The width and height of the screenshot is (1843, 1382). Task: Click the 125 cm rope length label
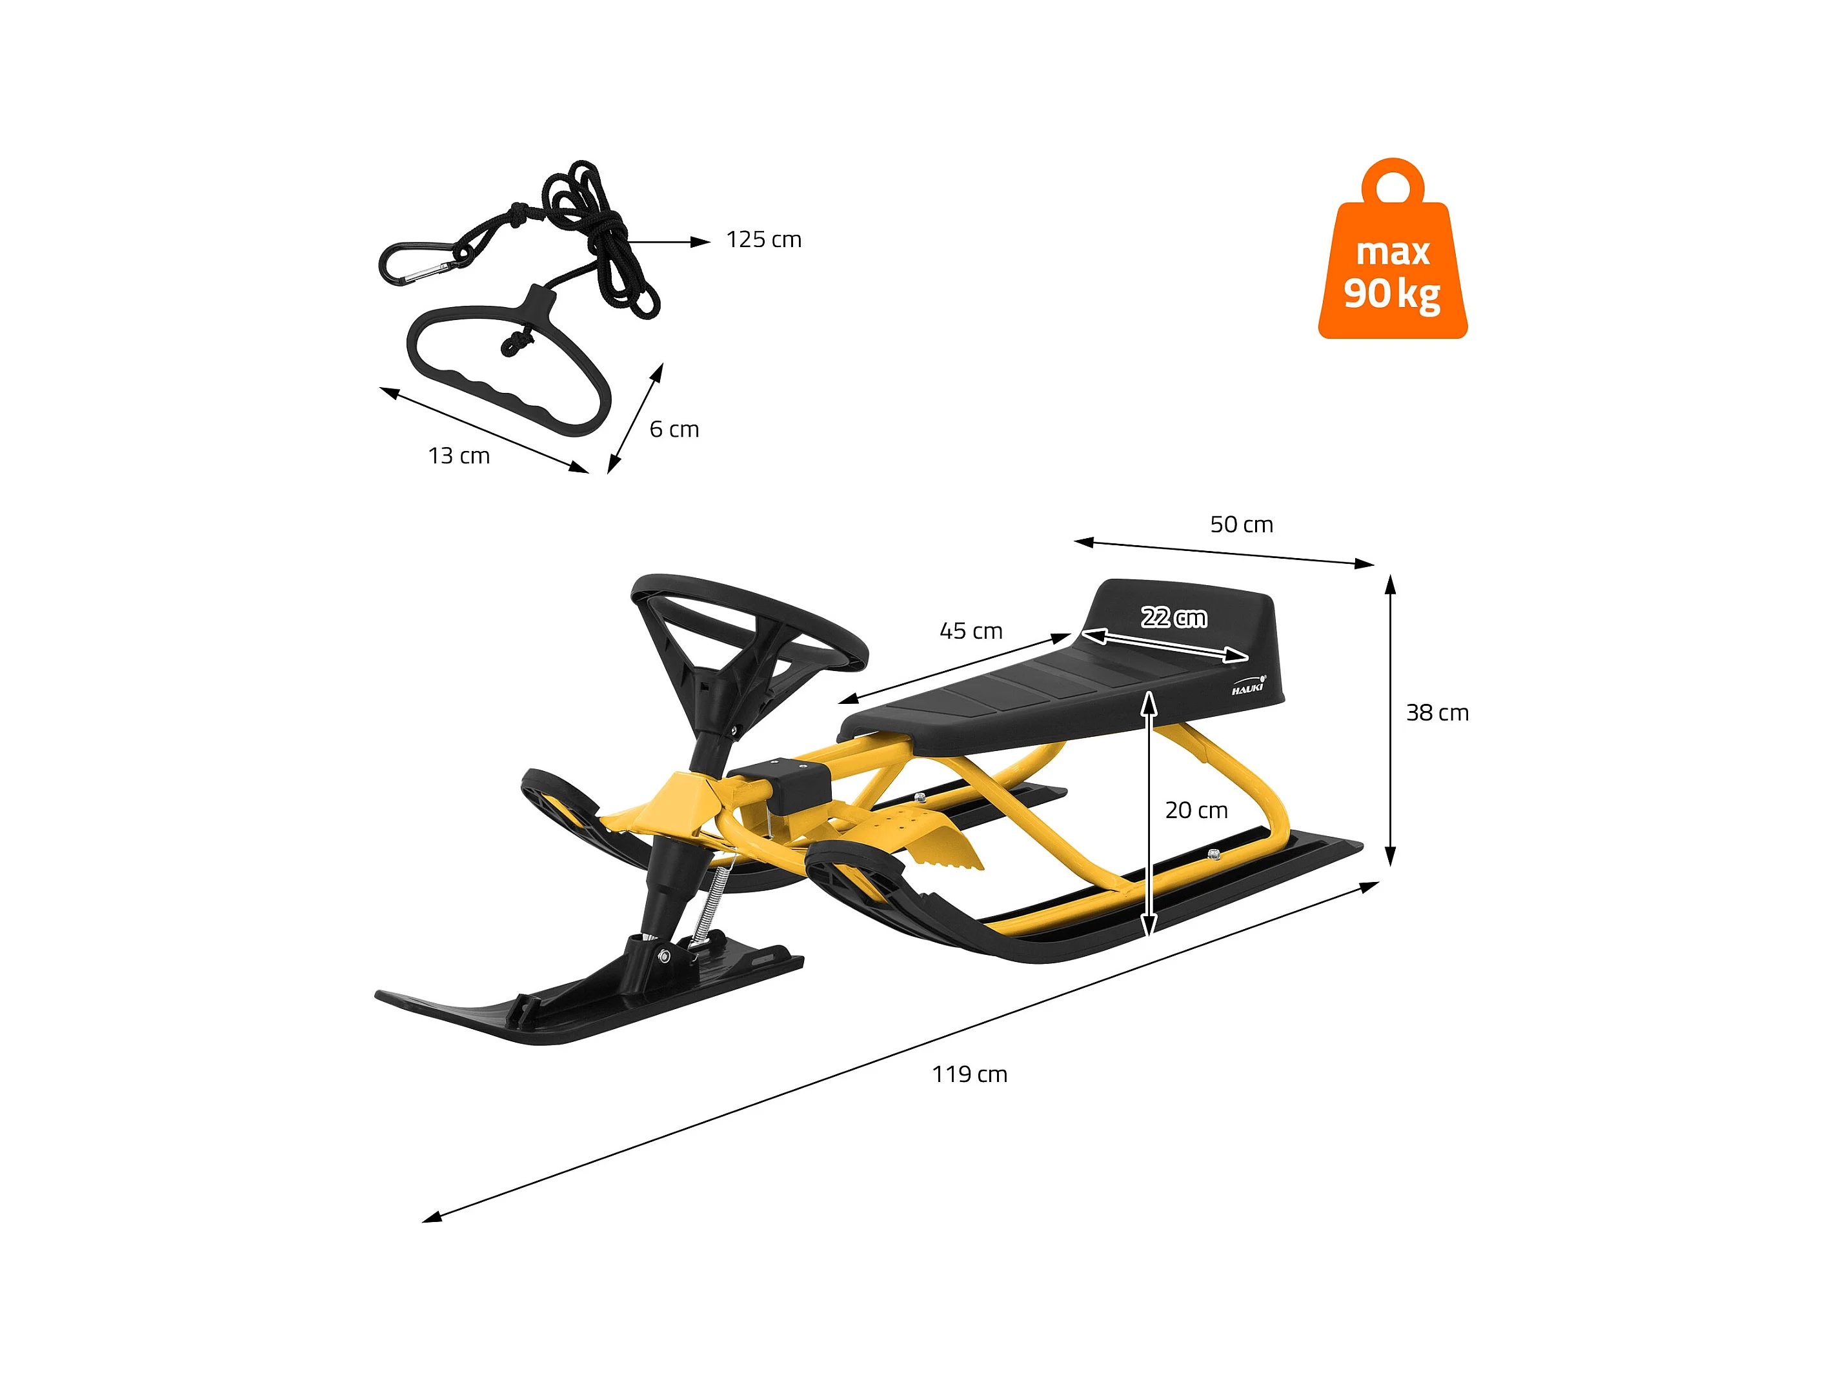(763, 240)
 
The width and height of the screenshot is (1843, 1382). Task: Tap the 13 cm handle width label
(459, 457)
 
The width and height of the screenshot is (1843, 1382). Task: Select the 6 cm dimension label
(674, 430)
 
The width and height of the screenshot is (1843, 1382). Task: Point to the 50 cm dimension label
(1242, 525)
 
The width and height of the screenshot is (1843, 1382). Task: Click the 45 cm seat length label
(971, 632)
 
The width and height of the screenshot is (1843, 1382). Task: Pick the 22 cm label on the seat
(1173, 617)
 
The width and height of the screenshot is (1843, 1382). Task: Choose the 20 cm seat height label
(1196, 810)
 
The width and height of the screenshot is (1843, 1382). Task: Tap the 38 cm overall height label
(1437, 713)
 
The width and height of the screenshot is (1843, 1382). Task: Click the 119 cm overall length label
(969, 1075)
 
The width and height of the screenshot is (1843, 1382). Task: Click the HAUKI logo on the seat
(1248, 687)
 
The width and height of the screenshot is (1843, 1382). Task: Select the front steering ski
(583, 999)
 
